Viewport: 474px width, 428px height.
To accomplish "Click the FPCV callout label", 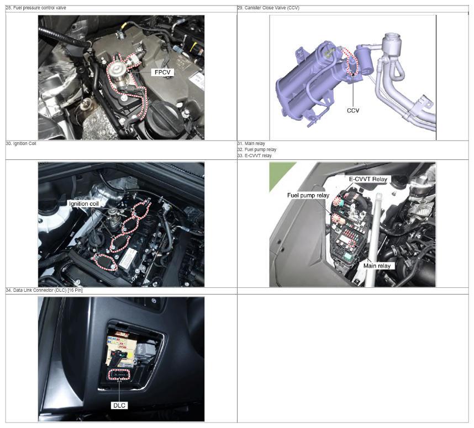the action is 162,72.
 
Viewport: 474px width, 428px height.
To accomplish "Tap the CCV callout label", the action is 353,110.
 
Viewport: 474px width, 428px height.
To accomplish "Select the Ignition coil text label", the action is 84,204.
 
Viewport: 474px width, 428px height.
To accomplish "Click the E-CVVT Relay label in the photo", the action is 368,179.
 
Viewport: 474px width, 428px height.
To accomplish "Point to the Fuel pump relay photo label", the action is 308,195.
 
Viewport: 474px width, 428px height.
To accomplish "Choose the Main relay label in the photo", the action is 377,266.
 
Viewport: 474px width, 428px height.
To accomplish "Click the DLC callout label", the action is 119,405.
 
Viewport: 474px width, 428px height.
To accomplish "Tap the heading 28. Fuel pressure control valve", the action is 36,8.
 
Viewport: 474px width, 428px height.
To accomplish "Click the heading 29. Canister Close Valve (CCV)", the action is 268,8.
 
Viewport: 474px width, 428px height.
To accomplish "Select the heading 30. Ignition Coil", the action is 21,143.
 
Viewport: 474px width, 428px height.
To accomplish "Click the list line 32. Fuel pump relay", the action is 257,149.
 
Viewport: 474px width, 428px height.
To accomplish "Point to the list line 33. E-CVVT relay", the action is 255,156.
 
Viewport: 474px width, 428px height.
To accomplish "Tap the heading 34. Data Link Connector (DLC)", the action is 44,290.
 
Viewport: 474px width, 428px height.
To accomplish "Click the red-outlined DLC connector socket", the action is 119,374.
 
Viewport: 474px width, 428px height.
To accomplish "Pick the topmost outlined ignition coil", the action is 141,208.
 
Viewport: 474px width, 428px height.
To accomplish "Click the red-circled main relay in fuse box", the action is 352,243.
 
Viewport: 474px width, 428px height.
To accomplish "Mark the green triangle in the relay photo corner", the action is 277,174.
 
